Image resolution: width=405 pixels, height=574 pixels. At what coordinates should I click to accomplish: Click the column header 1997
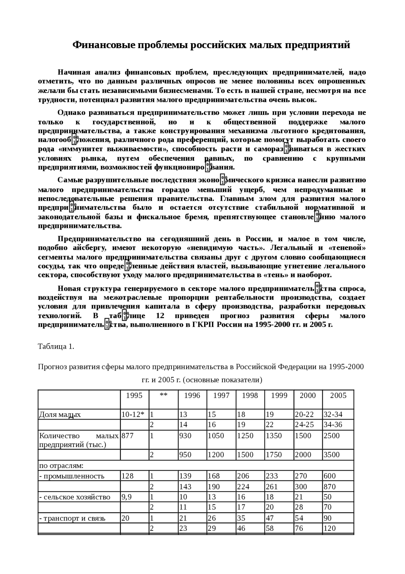point(221,395)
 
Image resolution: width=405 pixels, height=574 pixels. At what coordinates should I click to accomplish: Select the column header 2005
point(338,395)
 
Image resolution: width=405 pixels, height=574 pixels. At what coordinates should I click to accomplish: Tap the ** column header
point(164,395)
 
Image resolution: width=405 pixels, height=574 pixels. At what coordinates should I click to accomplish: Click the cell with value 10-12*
point(133,414)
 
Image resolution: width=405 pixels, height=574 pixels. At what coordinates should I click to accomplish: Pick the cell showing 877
point(128,435)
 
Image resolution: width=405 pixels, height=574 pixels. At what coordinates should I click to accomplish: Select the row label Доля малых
point(60,415)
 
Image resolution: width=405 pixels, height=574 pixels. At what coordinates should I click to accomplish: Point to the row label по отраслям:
point(61,465)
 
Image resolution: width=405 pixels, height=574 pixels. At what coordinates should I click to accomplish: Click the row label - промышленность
point(72,476)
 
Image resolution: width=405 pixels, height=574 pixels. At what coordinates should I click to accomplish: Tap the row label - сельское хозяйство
point(75,497)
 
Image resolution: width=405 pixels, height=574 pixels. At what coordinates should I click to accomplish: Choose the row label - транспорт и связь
point(72,519)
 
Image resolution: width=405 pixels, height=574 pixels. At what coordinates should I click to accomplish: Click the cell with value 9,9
point(127,497)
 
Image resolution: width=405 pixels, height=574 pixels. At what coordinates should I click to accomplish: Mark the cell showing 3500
point(331,455)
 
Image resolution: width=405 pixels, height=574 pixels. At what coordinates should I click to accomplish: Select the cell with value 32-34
point(333,414)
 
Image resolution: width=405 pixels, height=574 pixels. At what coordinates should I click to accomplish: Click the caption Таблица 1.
point(56,346)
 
